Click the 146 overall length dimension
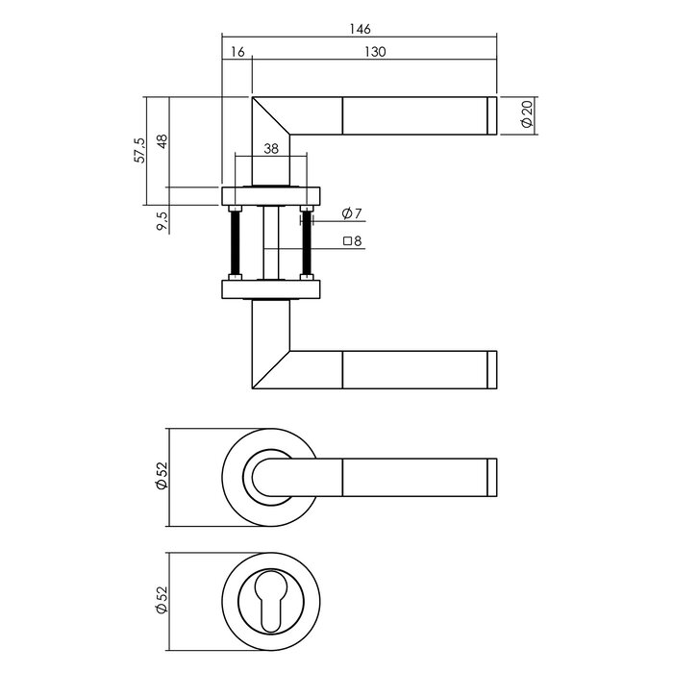pos(361,29)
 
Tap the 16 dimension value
pos(236,52)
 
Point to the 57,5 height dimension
pos(142,151)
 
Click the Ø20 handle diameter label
pos(526,116)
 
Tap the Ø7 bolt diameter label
pos(350,213)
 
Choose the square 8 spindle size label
pos(352,242)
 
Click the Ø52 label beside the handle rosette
pos(162,475)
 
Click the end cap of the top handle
pos(492,116)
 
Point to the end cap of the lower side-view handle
pos(492,370)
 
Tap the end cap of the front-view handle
pos(492,475)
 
